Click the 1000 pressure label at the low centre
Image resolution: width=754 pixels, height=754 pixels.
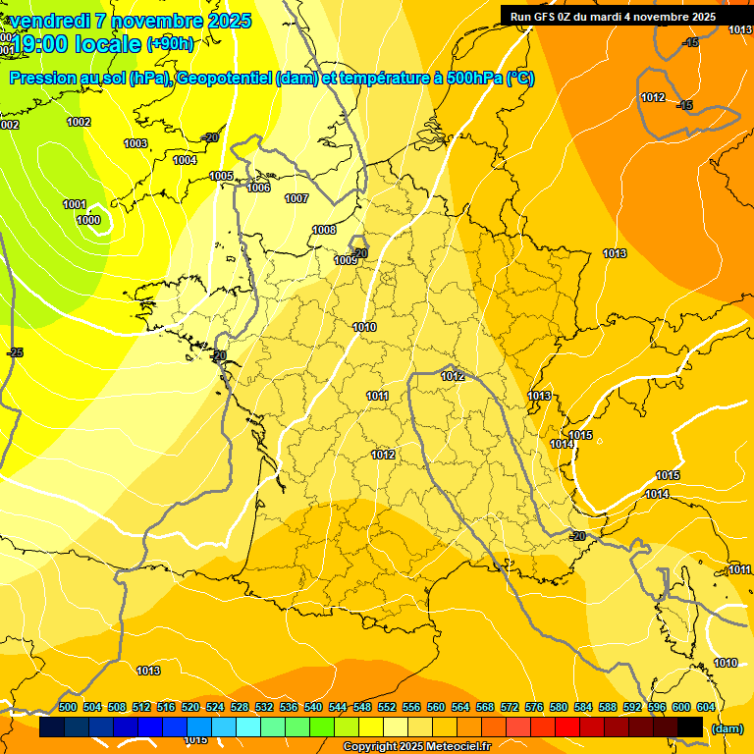point(87,220)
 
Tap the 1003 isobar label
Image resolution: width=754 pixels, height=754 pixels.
point(135,143)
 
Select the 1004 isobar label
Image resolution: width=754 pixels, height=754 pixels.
point(185,160)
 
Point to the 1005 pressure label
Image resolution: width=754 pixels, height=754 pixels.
point(221,176)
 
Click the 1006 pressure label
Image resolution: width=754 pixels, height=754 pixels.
point(258,188)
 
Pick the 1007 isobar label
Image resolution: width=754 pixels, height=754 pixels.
point(296,198)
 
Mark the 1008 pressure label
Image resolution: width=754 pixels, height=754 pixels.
point(324,230)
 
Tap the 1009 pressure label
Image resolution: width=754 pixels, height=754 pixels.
point(346,260)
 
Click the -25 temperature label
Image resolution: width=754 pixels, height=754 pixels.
point(15,352)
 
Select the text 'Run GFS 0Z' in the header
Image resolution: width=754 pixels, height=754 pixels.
point(541,17)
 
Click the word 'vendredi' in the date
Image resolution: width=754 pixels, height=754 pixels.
point(51,21)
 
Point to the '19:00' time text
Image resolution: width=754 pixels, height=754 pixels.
point(39,43)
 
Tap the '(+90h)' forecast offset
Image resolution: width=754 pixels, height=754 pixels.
point(170,43)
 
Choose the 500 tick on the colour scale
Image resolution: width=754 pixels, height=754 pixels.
point(68,707)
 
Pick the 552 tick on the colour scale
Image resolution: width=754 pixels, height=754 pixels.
point(387,707)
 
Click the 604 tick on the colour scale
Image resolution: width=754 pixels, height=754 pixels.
point(706,707)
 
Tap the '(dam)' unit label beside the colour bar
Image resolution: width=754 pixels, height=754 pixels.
point(727,728)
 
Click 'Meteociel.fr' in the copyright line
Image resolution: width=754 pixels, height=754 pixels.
point(456,747)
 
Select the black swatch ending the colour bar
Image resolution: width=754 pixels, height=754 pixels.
point(690,727)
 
